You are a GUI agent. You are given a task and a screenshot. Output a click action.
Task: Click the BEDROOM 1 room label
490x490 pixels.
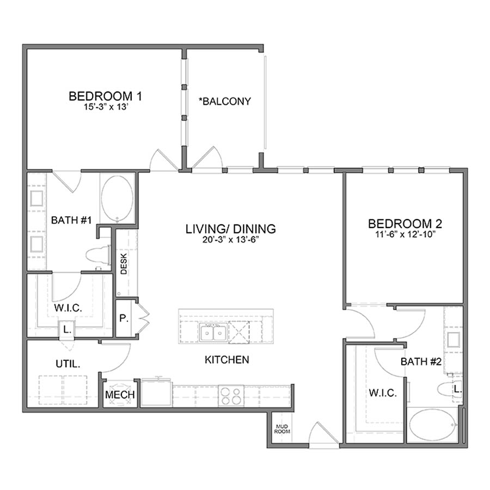(x=106, y=96)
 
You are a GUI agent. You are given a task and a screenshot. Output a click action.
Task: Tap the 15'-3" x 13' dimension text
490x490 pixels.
(x=106, y=107)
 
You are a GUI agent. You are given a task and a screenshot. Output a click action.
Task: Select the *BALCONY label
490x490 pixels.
(x=226, y=101)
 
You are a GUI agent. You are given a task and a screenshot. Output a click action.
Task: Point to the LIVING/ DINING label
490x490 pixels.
(x=231, y=229)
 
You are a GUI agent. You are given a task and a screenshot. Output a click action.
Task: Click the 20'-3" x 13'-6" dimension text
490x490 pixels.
(x=231, y=240)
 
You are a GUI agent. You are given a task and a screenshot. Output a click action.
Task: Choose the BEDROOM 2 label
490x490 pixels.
(x=405, y=223)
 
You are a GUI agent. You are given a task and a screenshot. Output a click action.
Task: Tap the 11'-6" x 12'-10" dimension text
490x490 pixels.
(x=405, y=235)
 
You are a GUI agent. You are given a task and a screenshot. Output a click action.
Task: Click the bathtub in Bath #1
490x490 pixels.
(x=117, y=198)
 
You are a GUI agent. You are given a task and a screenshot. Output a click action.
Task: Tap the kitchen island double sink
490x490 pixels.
(x=213, y=331)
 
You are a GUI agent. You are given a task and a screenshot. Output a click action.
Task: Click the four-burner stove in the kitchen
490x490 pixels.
(x=231, y=395)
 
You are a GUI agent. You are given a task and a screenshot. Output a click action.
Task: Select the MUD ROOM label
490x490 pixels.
(x=282, y=428)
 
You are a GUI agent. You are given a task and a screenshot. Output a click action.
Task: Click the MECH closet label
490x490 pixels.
(x=120, y=395)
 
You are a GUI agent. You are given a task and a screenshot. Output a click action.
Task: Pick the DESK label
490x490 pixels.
(x=124, y=266)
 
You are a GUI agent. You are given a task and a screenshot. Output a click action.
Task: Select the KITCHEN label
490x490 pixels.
(x=227, y=359)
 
